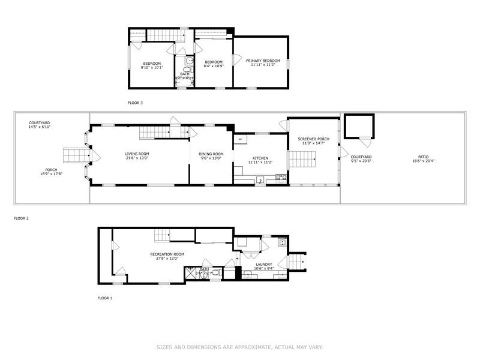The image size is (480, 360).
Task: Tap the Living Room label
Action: pyautogui.click(x=137, y=154)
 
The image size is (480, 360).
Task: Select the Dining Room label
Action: pyautogui.click(x=211, y=154)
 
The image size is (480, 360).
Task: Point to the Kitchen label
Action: pyautogui.click(x=260, y=158)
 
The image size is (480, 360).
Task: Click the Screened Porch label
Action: pyautogui.click(x=311, y=139)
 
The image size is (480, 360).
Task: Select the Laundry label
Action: pyautogui.click(x=264, y=264)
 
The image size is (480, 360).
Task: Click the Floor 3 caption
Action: pyautogui.click(x=135, y=103)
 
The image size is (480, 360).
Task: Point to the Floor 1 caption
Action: pyautogui.click(x=105, y=298)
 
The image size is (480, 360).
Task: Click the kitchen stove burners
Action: pyautogui.click(x=280, y=177)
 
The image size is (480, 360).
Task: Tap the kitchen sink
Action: pyautogui.click(x=260, y=179)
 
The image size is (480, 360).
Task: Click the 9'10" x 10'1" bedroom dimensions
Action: pyautogui.click(x=152, y=68)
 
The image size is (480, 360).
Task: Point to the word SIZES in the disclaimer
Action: pyautogui.click(x=166, y=347)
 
